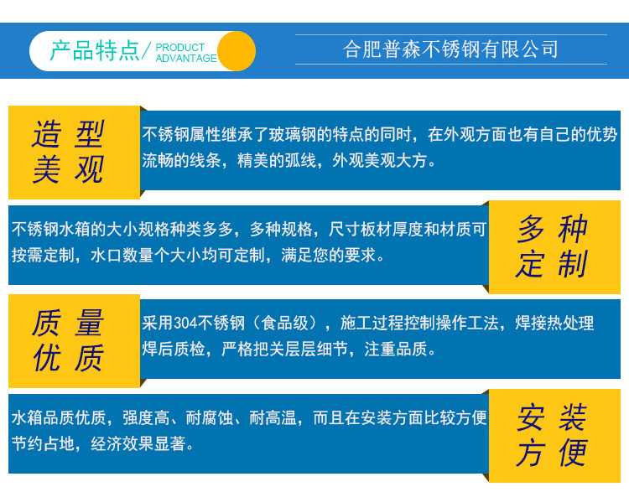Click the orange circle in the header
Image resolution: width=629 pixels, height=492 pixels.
pyautogui.click(x=237, y=51)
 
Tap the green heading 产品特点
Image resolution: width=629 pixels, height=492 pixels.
pyautogui.click(x=95, y=51)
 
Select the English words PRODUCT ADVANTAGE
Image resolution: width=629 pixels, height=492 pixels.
pyautogui.click(x=186, y=53)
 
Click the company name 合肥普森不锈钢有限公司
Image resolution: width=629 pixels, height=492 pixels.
pyautogui.click(x=450, y=49)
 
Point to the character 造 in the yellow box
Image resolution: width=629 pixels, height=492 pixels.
pyautogui.click(x=47, y=134)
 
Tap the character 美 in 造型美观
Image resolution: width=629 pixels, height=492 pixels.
pyautogui.click(x=47, y=169)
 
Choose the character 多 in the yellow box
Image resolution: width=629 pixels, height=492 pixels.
pyautogui.click(x=531, y=229)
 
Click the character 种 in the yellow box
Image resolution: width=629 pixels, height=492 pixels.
pyautogui.click(x=574, y=229)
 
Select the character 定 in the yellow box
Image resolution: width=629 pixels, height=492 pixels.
pyautogui.click(x=531, y=264)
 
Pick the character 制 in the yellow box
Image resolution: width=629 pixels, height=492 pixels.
pyautogui.click(x=574, y=264)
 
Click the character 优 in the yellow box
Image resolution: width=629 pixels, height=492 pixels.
pyautogui.click(x=47, y=358)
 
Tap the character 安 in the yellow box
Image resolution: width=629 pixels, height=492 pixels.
pyautogui.click(x=531, y=417)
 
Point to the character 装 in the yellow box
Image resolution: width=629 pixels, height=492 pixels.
pyautogui.click(x=574, y=417)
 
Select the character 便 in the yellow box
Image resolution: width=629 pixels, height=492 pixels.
pyautogui.click(x=574, y=453)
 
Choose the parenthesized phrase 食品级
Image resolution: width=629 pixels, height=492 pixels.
pyautogui.click(x=285, y=324)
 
